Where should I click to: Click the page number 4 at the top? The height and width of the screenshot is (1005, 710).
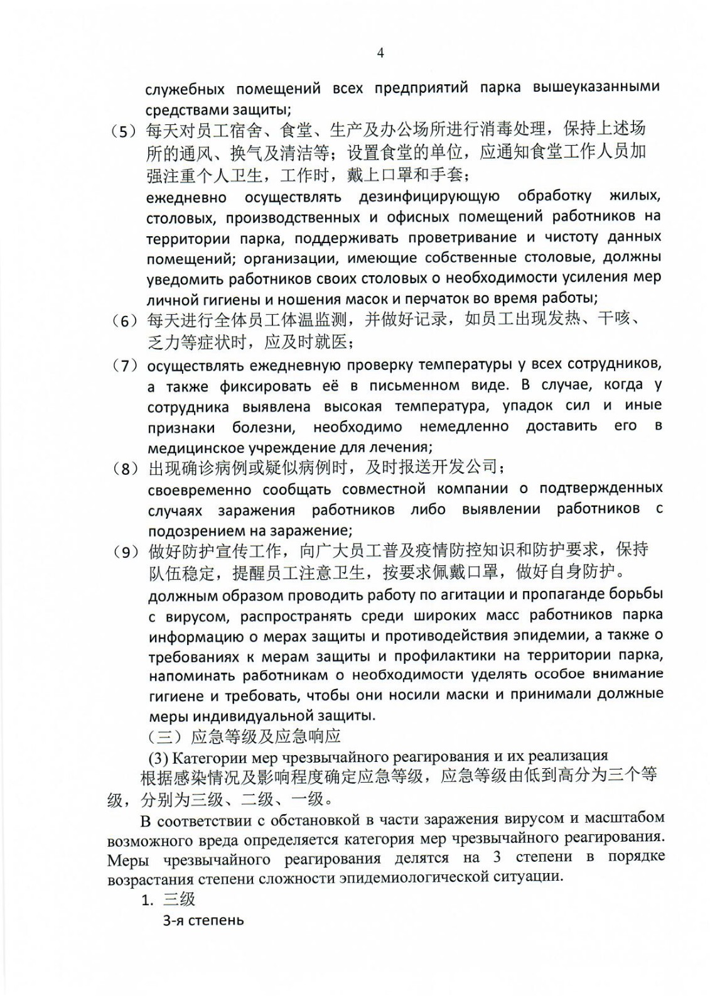click(x=380, y=53)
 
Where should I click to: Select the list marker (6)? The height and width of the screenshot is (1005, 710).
click(x=124, y=321)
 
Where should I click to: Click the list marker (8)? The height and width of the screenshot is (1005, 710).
click(x=124, y=469)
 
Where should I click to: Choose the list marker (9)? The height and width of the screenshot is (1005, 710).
click(x=124, y=552)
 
